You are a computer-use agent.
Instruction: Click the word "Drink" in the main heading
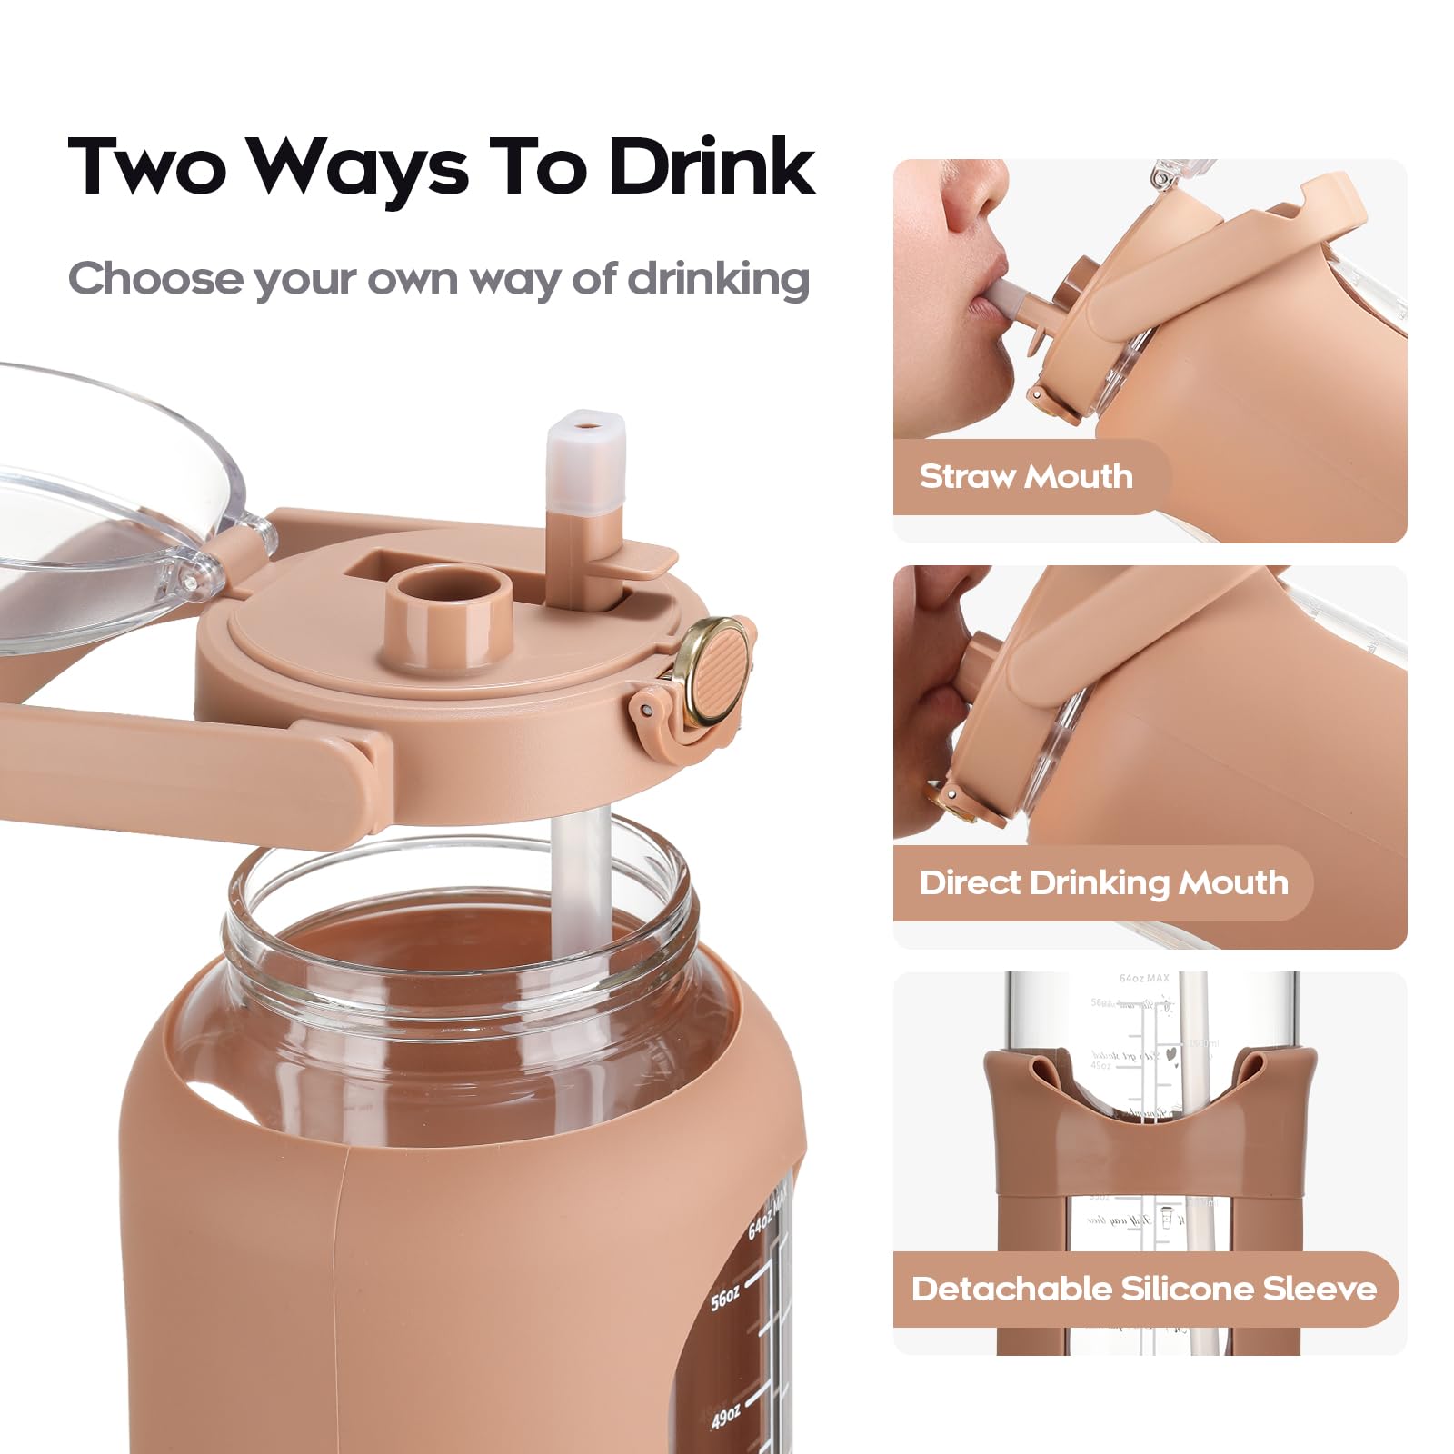coord(712,167)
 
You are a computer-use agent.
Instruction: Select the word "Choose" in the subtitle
coord(155,278)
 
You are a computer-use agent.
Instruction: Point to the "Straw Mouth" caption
coord(1026,476)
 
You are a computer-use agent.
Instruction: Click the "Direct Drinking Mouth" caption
coord(1103,882)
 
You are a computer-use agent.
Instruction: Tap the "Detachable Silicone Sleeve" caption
coord(1144,1289)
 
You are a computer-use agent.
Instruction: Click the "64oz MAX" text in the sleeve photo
coord(1144,979)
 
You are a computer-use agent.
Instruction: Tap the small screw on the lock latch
coord(645,709)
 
